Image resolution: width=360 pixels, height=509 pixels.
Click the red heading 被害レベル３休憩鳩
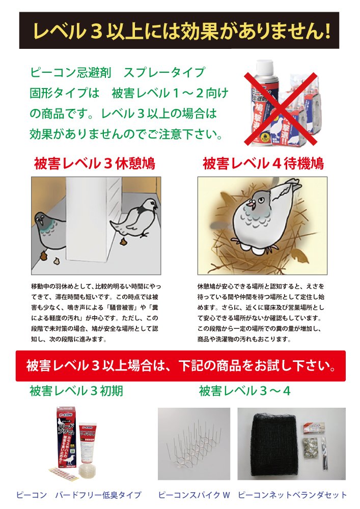coord(95,163)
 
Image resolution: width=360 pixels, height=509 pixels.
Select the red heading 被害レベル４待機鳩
coord(263,163)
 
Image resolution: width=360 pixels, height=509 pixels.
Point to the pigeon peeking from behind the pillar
coord(49,230)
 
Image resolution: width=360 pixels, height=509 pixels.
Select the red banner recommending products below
coord(180,366)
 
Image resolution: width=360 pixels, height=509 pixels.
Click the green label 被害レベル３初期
coord(76,391)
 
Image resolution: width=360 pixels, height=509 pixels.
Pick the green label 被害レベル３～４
coord(245,391)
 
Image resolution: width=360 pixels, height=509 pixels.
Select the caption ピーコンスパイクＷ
coord(194,495)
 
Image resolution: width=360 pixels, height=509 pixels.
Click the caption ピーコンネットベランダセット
coord(292,495)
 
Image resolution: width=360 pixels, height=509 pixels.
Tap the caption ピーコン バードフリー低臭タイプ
coord(79,495)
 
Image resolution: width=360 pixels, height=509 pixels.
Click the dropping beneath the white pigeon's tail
coord(124,241)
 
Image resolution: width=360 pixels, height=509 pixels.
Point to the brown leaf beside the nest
coord(299,255)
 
